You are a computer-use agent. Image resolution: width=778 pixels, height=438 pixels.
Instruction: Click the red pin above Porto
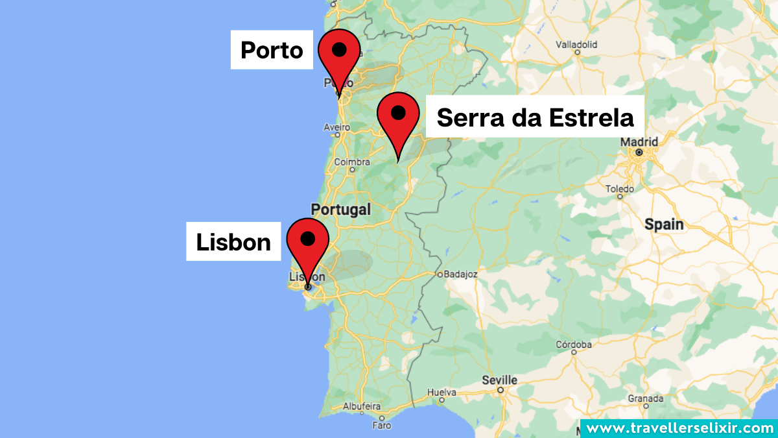(338, 55)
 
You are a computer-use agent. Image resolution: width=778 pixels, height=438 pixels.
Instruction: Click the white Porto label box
(272, 50)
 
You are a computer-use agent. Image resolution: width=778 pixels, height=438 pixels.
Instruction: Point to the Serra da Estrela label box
(535, 117)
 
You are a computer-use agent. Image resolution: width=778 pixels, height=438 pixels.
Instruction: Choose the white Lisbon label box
(233, 242)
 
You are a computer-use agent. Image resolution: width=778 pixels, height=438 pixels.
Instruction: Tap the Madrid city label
(639, 141)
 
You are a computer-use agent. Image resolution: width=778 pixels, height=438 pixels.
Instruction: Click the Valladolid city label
(577, 45)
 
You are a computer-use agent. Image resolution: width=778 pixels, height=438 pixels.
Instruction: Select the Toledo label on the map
(619, 189)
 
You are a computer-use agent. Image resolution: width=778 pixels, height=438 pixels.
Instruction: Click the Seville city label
(500, 380)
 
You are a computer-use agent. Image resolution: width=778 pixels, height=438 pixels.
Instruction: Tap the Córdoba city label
(574, 344)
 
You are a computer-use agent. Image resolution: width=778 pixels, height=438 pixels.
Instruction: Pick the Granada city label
(644, 398)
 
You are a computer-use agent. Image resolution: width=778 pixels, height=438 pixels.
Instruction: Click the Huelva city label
(442, 393)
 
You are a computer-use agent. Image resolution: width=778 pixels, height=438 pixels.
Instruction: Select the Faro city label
(382, 426)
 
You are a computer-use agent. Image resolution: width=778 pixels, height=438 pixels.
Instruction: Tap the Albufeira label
(361, 406)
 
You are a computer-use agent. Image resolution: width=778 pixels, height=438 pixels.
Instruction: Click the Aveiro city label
(337, 127)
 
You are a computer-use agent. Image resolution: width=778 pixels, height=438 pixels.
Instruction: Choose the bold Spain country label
(664, 225)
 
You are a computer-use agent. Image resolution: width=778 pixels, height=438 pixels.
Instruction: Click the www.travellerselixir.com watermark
(679, 428)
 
